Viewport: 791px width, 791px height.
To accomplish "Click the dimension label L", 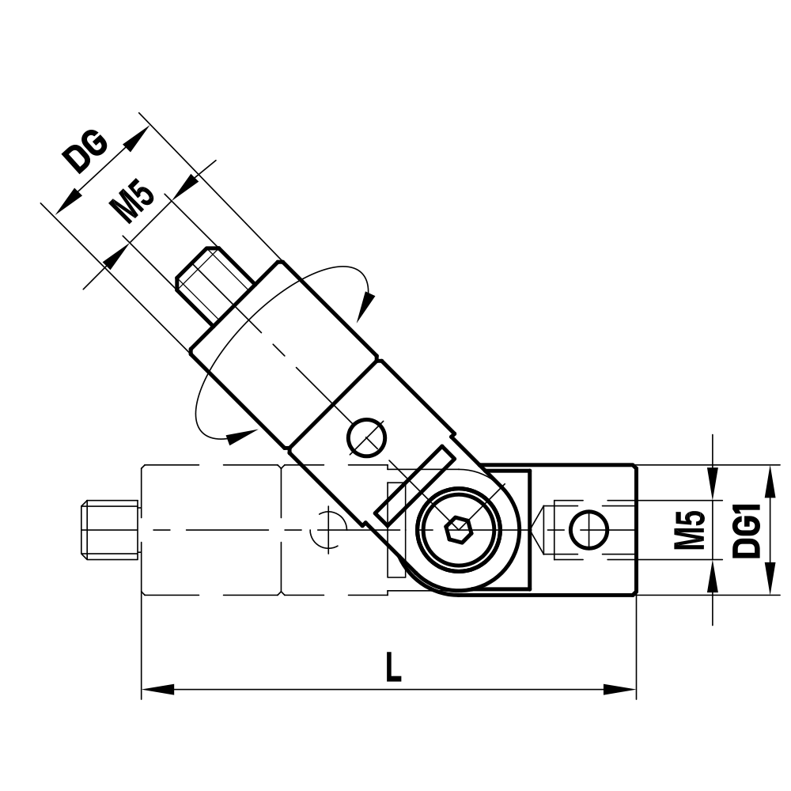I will (x=392, y=668).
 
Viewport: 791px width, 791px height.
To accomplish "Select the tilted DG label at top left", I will (x=87, y=152).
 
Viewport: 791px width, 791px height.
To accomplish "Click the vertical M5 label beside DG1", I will (x=690, y=530).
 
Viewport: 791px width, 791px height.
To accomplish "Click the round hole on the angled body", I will (x=367, y=437).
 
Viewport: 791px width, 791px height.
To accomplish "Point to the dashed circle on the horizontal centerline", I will (x=327, y=528).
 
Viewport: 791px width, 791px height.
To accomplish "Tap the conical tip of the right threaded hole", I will (x=545, y=529).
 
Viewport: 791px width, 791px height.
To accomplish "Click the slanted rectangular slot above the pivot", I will (x=414, y=484).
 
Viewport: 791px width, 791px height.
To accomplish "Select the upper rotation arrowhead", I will (x=366, y=305).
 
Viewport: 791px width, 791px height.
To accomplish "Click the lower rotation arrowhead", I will (x=241, y=433).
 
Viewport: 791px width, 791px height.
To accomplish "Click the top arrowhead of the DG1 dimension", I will (x=768, y=479).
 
